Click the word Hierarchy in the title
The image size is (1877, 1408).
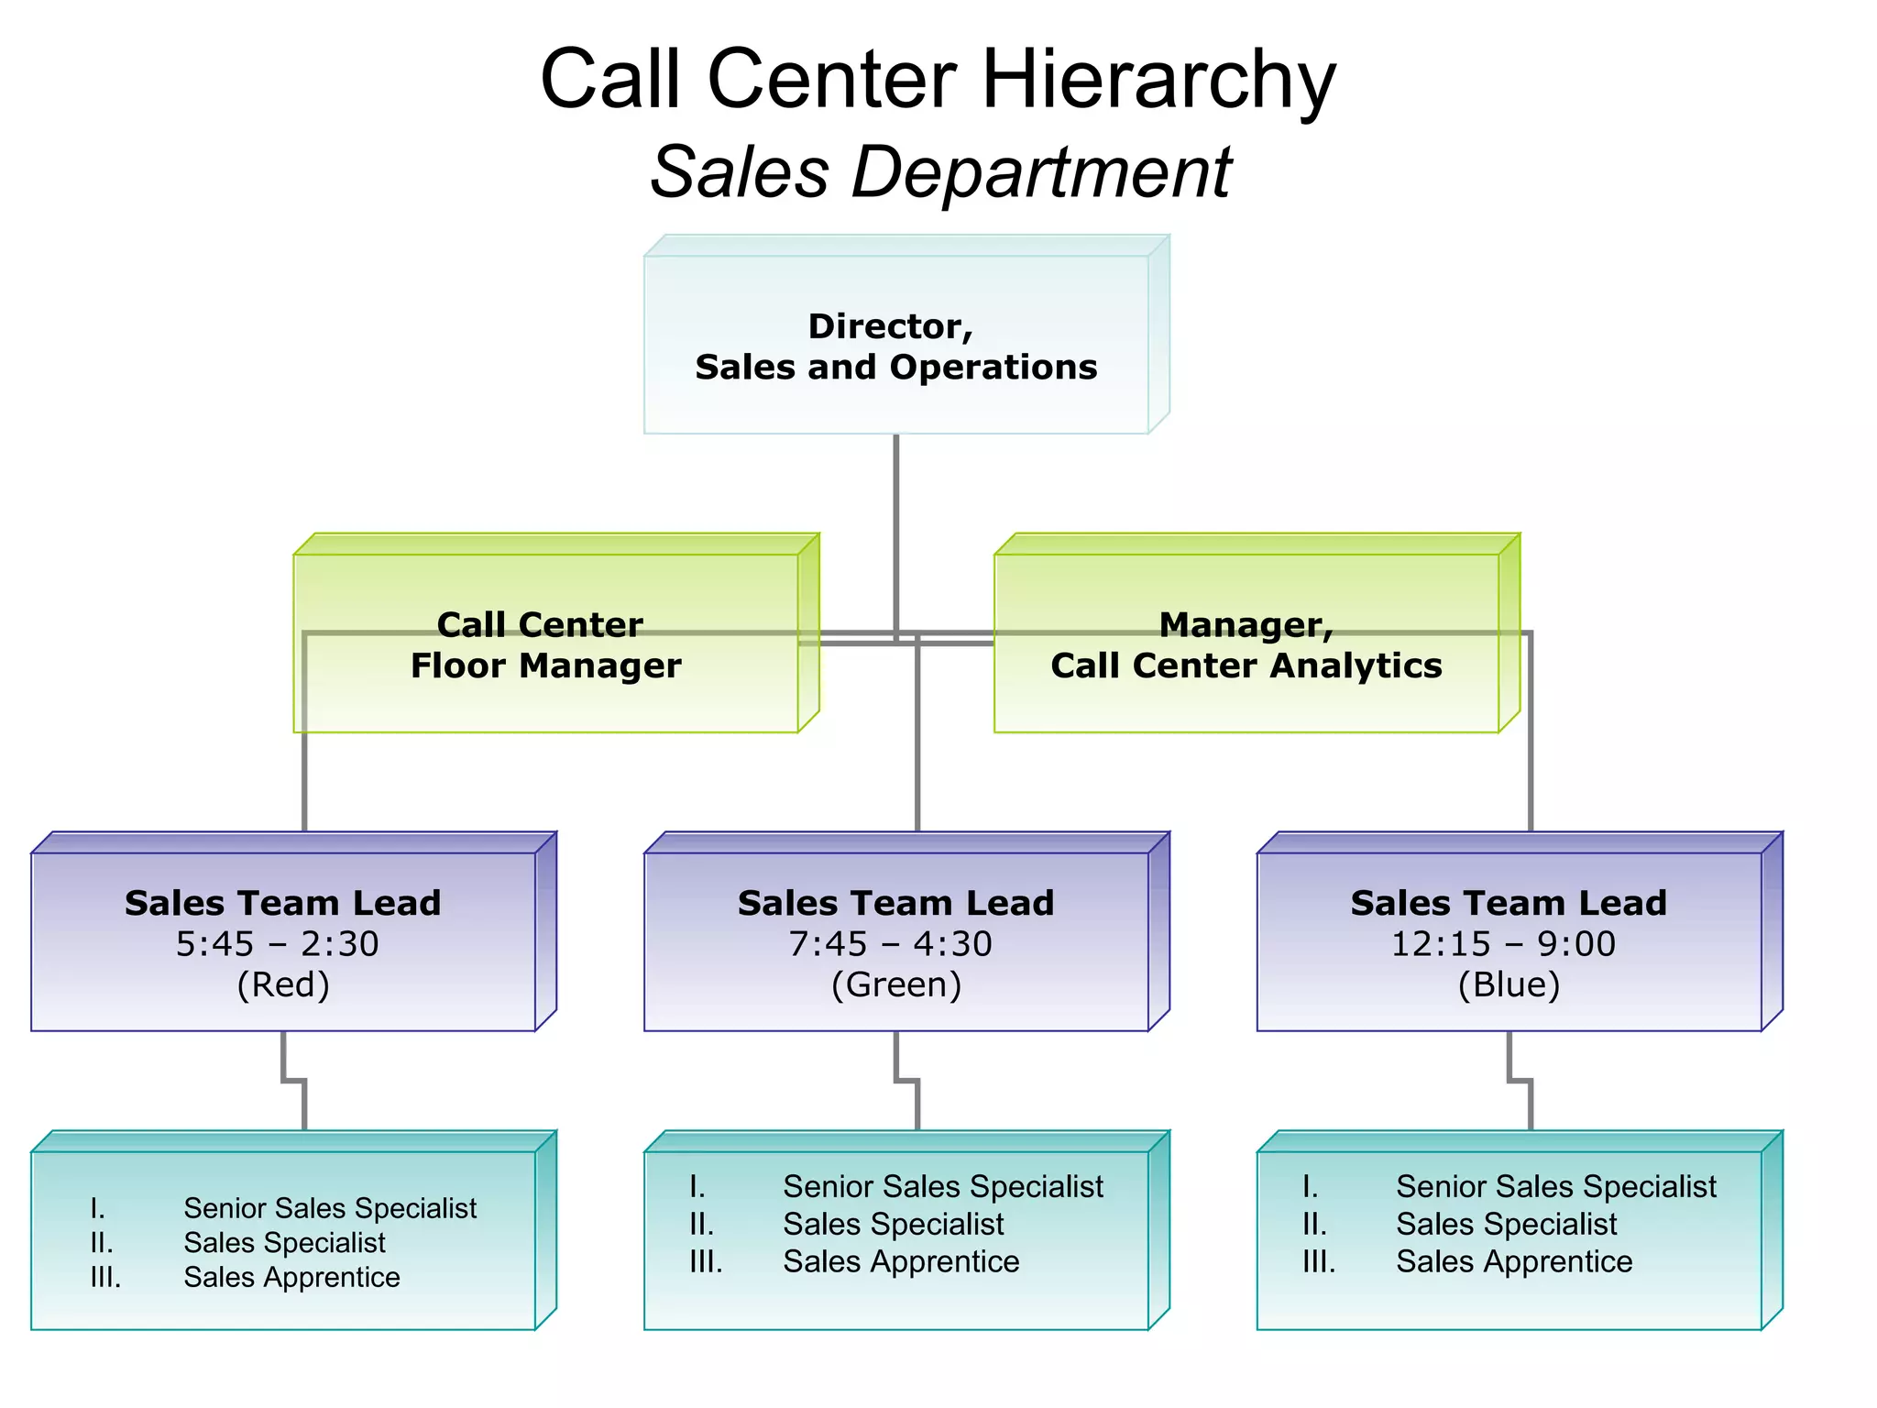click(1158, 81)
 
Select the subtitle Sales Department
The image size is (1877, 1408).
click(940, 172)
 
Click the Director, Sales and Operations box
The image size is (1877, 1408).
click(895, 346)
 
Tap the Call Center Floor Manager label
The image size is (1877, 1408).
click(545, 645)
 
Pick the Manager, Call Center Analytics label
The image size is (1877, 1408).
click(1246, 645)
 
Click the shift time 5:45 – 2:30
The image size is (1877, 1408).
click(278, 944)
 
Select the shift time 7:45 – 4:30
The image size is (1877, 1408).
click(890, 944)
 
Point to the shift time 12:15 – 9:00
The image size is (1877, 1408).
click(1503, 944)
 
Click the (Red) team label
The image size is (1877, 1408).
click(282, 985)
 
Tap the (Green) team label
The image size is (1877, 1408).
click(895, 985)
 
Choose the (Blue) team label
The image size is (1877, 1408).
click(1509, 985)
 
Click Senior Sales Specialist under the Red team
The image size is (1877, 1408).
click(329, 1208)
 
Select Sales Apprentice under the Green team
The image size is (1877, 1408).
click(901, 1262)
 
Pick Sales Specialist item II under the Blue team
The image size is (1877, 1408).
click(1506, 1225)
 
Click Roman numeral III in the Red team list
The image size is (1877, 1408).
click(105, 1278)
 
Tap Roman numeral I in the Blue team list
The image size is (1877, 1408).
click(1310, 1187)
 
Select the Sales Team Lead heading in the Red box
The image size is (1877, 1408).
click(282, 904)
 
